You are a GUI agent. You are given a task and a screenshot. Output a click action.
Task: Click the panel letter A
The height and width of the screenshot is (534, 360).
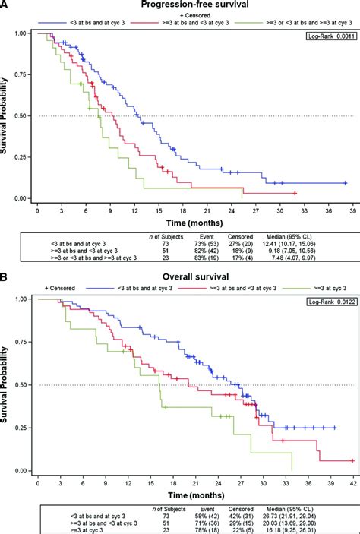tap(6, 6)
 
